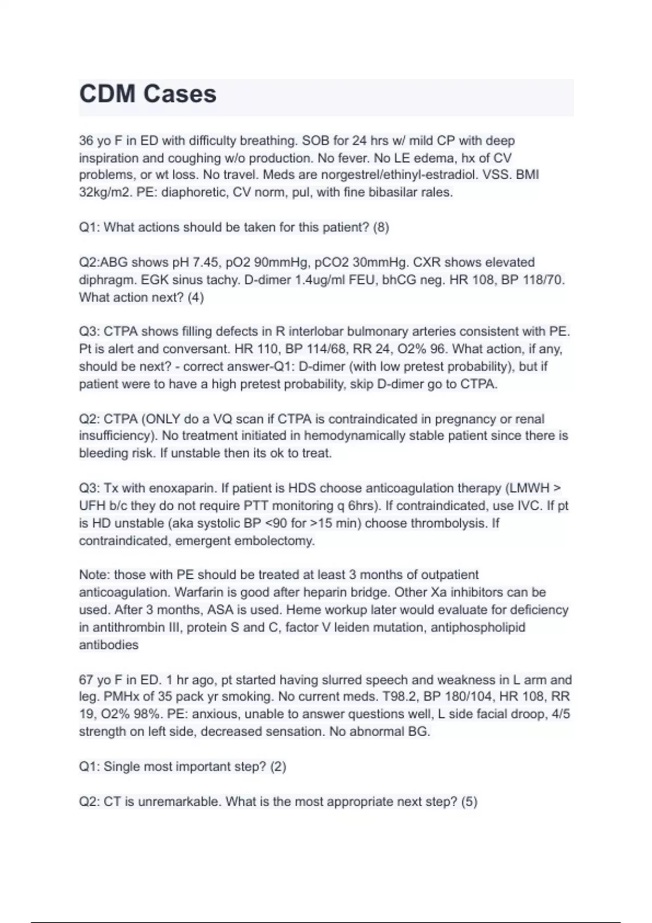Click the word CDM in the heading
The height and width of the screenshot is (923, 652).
pyautogui.click(x=108, y=94)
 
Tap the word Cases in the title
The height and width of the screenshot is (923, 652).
pyautogui.click(x=180, y=94)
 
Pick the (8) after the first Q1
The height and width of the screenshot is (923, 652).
pyautogui.click(x=381, y=227)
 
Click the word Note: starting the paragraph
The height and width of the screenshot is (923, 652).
pyautogui.click(x=95, y=575)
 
